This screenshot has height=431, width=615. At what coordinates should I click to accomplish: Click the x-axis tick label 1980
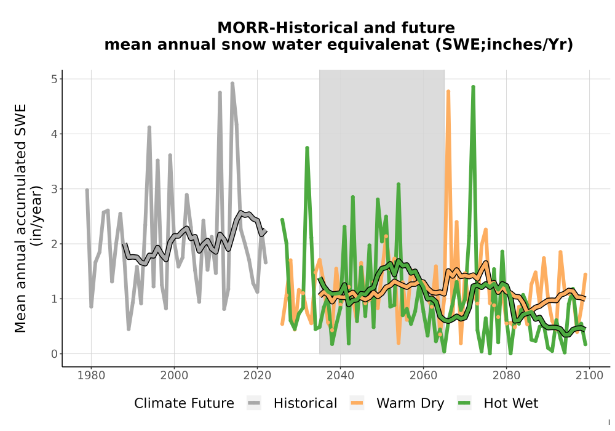click(x=92, y=375)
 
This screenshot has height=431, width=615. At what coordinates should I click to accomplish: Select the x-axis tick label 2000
click(x=175, y=375)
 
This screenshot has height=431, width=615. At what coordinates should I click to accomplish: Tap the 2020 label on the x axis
click(x=257, y=375)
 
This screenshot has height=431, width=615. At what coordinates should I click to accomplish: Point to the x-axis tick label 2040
click(x=341, y=375)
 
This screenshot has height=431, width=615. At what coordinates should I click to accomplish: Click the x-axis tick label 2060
click(x=423, y=375)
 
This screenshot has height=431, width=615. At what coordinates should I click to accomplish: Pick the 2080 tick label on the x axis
click(x=506, y=375)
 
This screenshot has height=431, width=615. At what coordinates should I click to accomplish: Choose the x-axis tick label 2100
click(x=589, y=375)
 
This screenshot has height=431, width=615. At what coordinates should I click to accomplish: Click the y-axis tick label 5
click(x=54, y=79)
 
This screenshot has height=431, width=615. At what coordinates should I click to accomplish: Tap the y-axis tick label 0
click(x=54, y=354)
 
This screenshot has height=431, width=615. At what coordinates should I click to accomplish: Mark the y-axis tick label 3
click(x=54, y=189)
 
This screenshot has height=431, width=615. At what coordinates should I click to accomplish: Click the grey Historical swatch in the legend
click(x=254, y=403)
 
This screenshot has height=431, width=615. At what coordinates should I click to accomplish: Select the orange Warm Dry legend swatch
click(x=357, y=403)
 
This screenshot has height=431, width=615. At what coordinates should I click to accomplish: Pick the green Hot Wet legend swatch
click(x=464, y=403)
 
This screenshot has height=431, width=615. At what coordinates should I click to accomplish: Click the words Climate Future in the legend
click(x=184, y=403)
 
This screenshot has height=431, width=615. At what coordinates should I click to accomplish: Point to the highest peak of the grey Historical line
click(x=232, y=83)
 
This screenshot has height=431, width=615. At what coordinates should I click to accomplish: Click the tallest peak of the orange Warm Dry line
click(x=448, y=91)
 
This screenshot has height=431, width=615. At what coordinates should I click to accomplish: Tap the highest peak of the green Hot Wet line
click(x=473, y=87)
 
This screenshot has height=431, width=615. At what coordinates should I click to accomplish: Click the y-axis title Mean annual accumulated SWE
click(x=20, y=218)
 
